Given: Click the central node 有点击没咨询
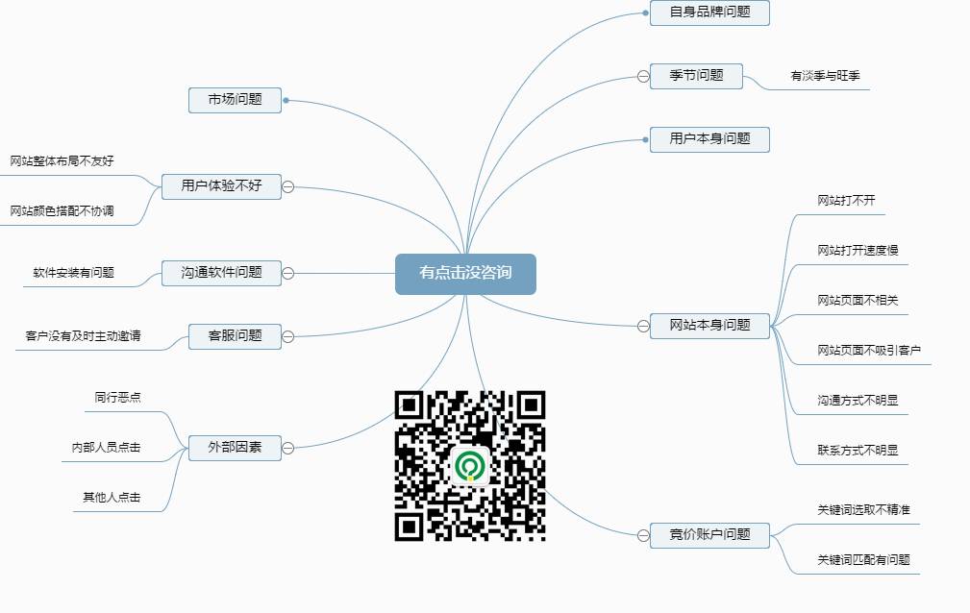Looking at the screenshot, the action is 465,274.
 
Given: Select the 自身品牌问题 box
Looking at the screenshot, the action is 709,12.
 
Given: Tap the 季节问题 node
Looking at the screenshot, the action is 696,76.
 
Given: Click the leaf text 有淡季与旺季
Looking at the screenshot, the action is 825,76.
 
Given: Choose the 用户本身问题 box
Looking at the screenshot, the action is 709,139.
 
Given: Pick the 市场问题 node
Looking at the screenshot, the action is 235,100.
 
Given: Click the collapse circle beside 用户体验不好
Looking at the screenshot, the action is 287,186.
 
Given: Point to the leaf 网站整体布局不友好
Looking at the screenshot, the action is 62,161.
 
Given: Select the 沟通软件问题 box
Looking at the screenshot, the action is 221,273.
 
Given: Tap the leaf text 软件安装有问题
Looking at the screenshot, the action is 74,273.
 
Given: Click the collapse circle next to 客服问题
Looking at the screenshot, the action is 287,336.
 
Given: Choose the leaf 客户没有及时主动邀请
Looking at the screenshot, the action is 83,336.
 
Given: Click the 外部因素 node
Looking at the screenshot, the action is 235,448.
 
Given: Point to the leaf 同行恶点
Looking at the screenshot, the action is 117,397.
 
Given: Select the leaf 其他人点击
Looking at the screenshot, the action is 112,498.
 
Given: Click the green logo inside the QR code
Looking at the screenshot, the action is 470,466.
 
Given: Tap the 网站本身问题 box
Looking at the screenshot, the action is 709,326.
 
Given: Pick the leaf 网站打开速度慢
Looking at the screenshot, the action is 858,251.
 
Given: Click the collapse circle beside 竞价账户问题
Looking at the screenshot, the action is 643,535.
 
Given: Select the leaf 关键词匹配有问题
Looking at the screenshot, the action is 863,560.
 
